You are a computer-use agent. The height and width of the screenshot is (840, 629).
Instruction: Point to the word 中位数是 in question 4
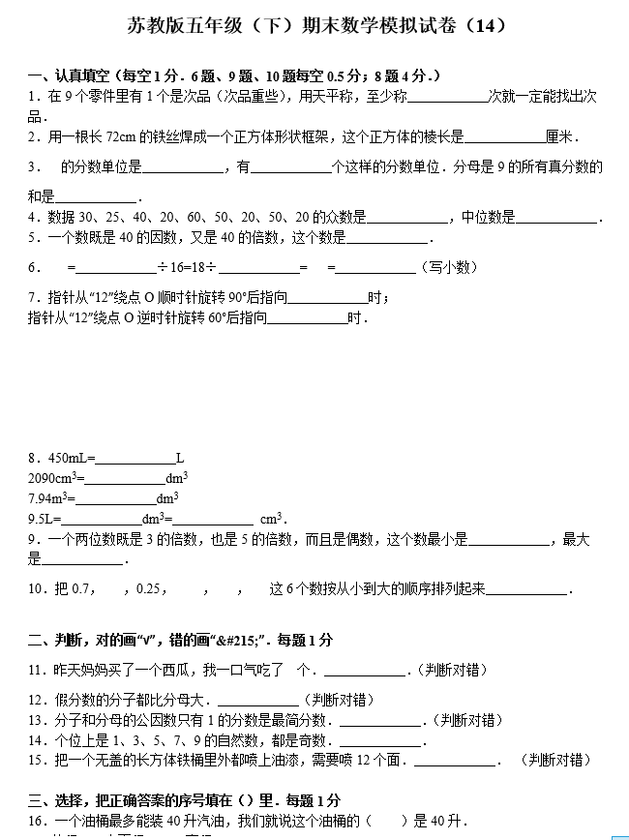(x=489, y=217)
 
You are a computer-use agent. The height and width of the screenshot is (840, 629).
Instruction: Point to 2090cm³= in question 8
(x=56, y=478)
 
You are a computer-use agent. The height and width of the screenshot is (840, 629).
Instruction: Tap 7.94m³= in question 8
(x=51, y=498)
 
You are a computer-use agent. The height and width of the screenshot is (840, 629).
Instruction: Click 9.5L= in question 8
(x=45, y=519)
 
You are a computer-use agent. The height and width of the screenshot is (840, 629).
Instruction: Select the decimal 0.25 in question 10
(x=150, y=588)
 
